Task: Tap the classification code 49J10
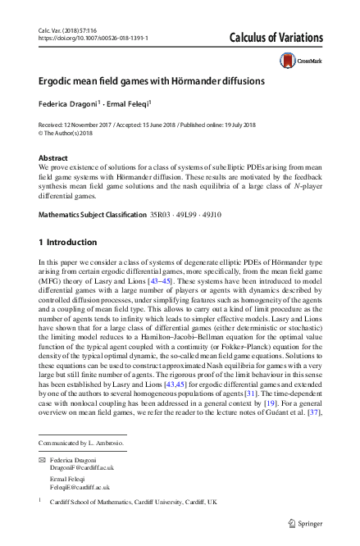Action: tap(226, 215)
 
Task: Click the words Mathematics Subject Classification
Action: tap(93, 215)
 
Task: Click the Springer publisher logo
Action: tap(308, 522)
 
